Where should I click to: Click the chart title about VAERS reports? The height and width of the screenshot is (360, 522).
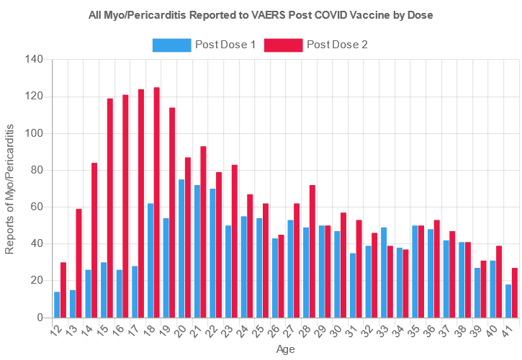(261, 14)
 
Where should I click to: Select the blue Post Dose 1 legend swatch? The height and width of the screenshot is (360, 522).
(171, 45)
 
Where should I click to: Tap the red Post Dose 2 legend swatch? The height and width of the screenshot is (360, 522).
(283, 45)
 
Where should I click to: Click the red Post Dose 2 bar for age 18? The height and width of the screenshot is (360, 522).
(156, 202)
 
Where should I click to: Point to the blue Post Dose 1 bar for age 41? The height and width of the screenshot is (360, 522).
(508, 301)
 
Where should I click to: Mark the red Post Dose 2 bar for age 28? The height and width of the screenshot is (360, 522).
(312, 251)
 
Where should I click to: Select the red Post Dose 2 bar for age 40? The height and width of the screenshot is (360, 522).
(499, 282)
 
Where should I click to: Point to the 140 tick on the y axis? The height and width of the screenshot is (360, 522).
(34, 59)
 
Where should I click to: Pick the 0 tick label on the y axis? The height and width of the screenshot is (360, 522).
(40, 317)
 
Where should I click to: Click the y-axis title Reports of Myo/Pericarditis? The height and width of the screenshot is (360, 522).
(10, 188)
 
